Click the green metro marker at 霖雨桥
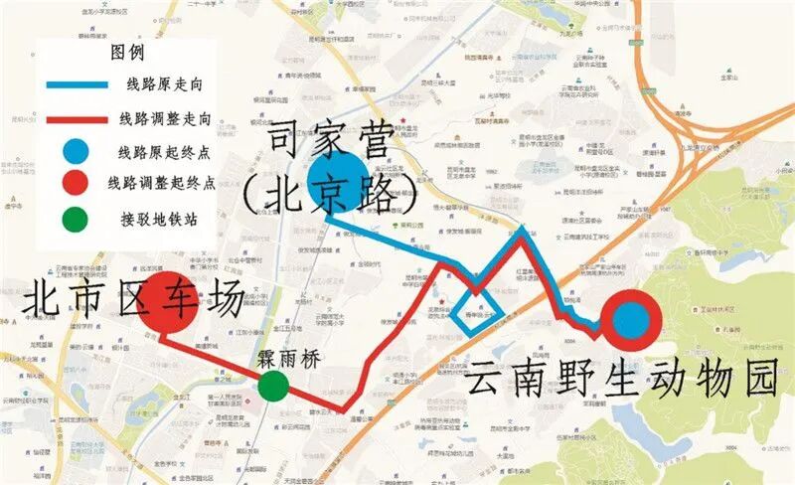[273, 386]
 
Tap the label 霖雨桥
[285, 362]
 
